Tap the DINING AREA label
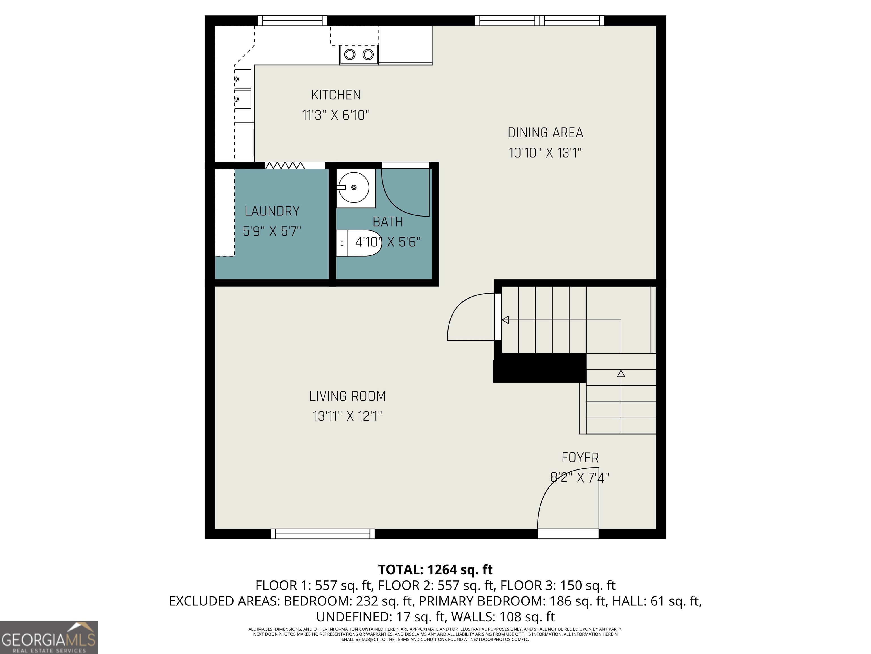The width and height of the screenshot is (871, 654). [545, 133]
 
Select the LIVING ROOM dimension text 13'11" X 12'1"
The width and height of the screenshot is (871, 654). [347, 416]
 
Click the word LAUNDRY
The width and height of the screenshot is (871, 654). [272, 211]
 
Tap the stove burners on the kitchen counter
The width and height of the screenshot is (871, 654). [359, 54]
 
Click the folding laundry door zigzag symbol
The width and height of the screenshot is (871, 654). [285, 165]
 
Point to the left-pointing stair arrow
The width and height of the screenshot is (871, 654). [505, 320]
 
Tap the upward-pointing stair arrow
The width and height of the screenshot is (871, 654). [621, 374]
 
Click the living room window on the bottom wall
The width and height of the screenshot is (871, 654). [322, 534]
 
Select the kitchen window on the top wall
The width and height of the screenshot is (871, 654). [292, 20]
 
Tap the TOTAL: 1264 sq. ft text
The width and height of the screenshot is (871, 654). [435, 570]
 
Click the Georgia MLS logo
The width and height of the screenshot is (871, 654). [48, 638]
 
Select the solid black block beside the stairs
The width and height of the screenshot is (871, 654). [540, 368]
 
